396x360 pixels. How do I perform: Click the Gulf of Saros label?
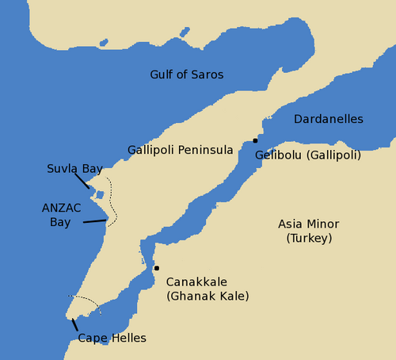coord(186,75)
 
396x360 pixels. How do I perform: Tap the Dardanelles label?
coord(328,119)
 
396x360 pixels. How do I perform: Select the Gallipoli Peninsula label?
coord(181,150)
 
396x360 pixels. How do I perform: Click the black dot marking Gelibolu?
coord(255,140)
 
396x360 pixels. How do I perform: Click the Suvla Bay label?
coord(74,169)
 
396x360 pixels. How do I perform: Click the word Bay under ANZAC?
coord(60,222)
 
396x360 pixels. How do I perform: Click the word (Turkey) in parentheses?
coord(309,238)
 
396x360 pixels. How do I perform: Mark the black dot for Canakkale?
coord(157,268)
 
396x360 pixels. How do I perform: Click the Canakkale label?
coord(196,281)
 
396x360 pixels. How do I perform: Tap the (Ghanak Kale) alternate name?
coord(208,296)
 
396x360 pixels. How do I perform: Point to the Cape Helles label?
coord(112,339)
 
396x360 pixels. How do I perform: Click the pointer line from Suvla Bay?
coord(82,181)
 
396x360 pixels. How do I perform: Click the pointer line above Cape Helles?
coord(74,324)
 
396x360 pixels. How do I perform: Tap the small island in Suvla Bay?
coord(100,194)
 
